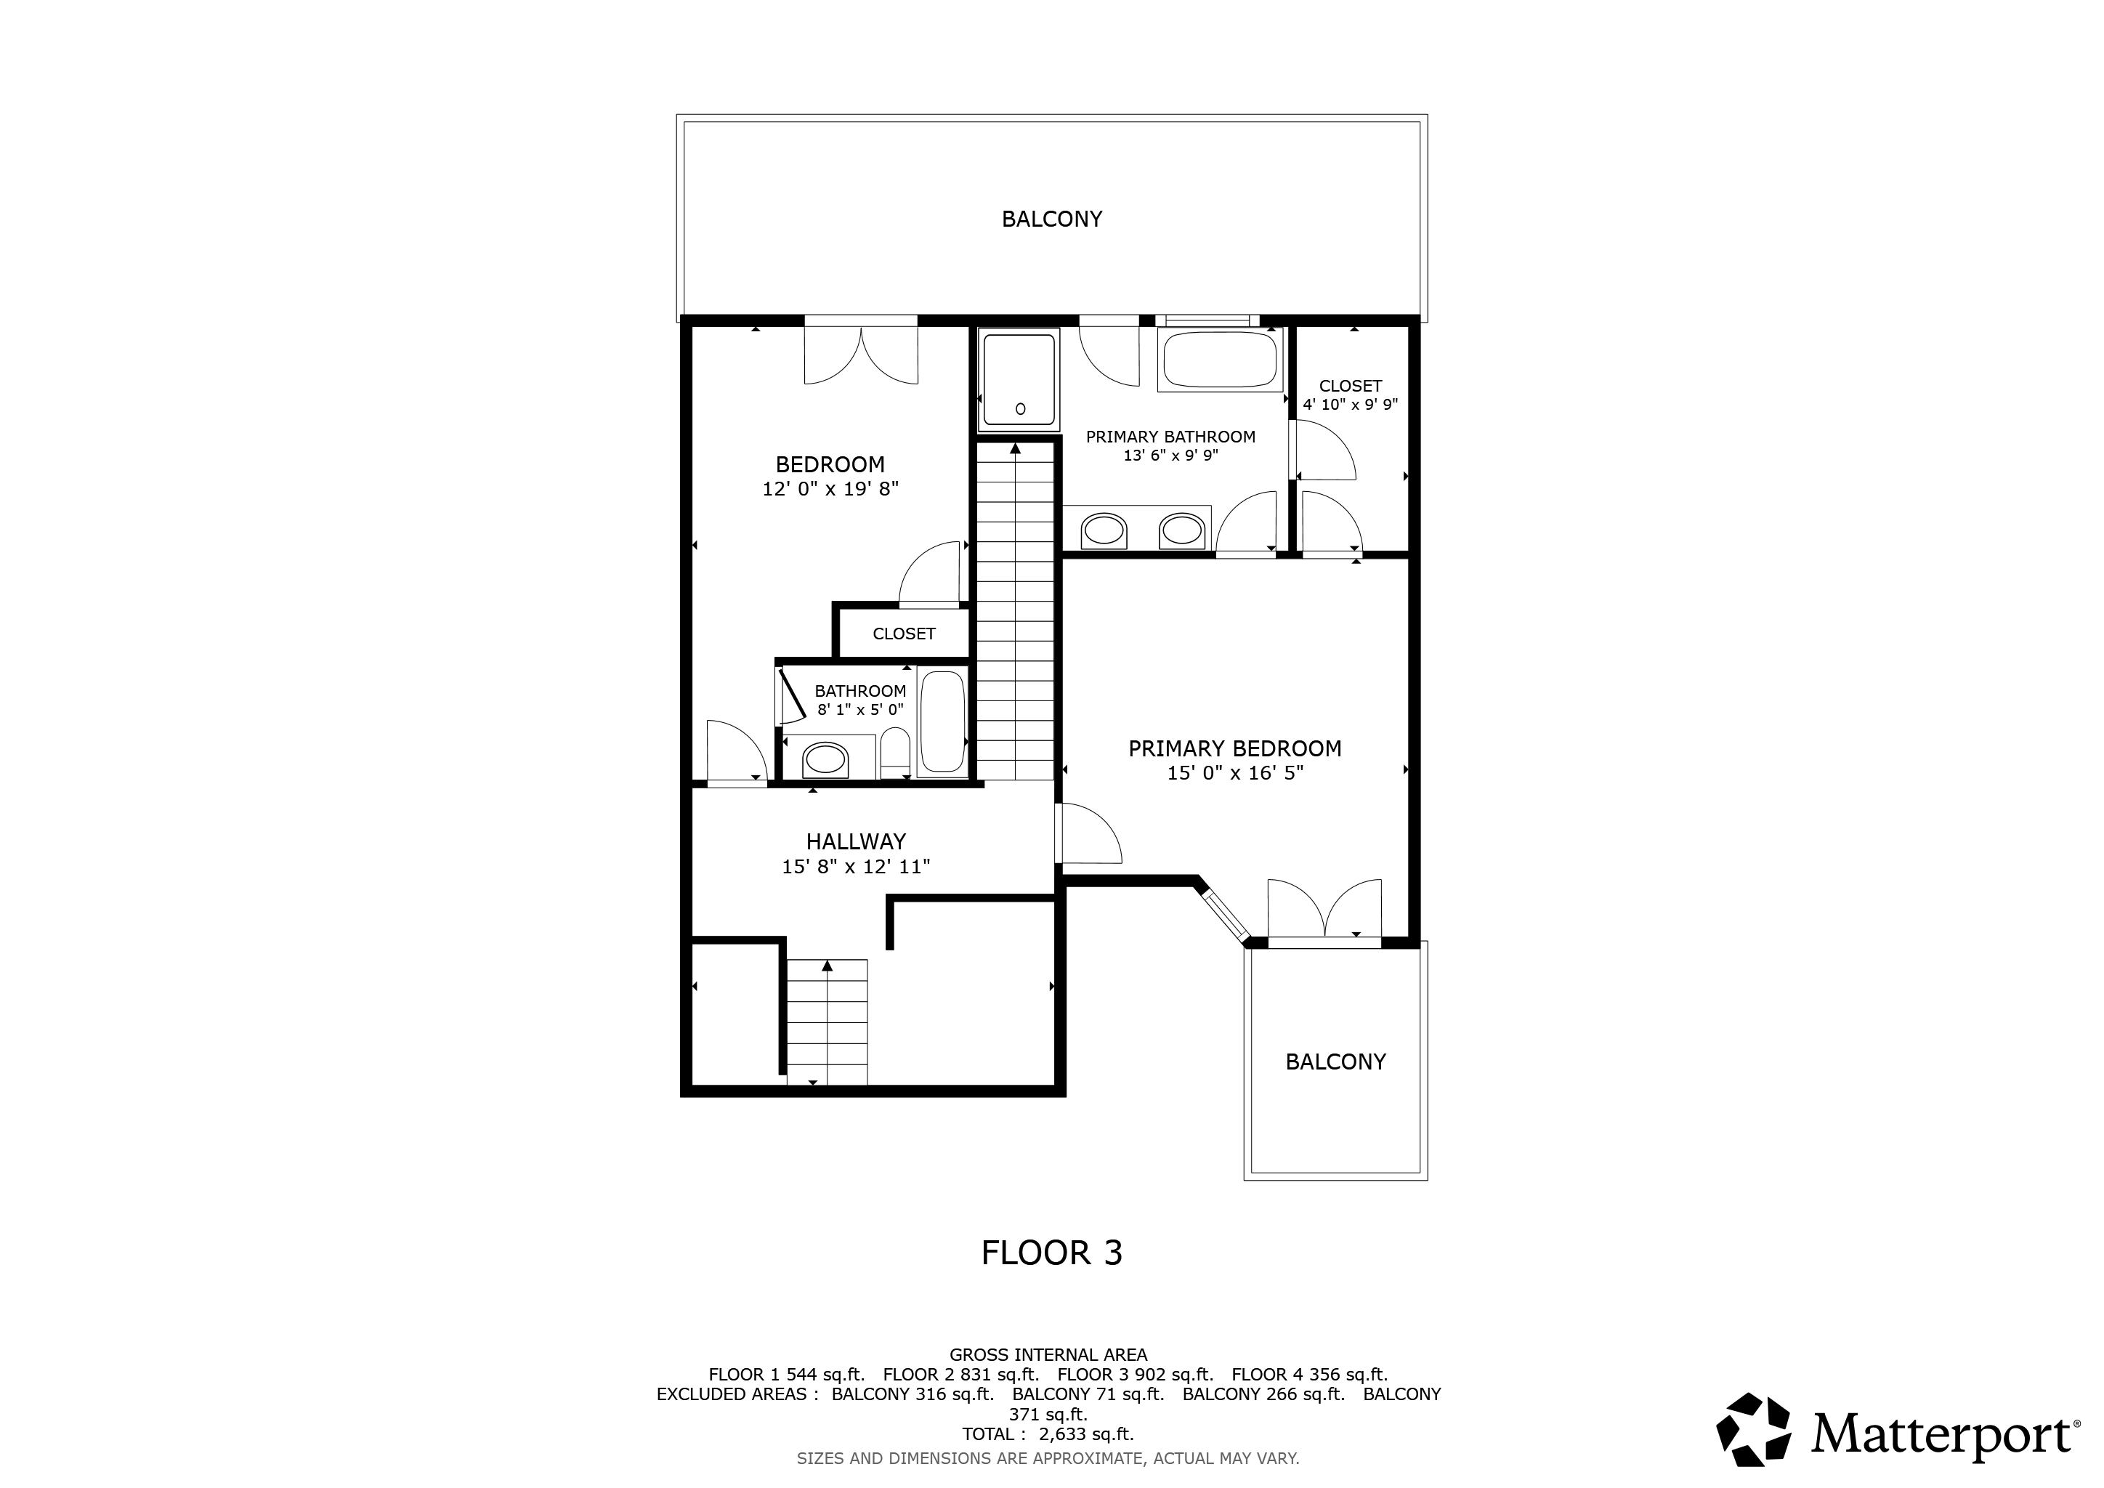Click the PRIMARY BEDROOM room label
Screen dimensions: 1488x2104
pos(1234,748)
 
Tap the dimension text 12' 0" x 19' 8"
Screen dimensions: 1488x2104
pos(830,489)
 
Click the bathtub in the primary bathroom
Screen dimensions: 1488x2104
pos(1220,360)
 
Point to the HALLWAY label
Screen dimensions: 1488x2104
pos(856,841)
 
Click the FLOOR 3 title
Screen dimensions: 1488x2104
pos(1051,1253)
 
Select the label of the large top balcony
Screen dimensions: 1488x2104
pos(1051,219)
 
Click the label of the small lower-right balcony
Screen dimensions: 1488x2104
pos(1335,1062)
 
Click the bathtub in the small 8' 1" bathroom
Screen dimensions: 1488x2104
pos(942,721)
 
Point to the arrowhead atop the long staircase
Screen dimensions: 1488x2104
pos(1016,448)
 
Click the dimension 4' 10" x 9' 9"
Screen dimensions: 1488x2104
pos(1350,404)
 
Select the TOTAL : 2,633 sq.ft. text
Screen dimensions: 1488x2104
pos(1048,1434)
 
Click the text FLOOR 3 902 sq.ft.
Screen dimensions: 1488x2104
pos(1135,1375)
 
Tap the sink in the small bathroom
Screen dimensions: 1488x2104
pos(825,759)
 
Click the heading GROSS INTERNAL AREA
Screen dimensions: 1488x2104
pos(1048,1354)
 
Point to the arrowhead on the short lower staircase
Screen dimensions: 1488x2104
pos(828,965)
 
